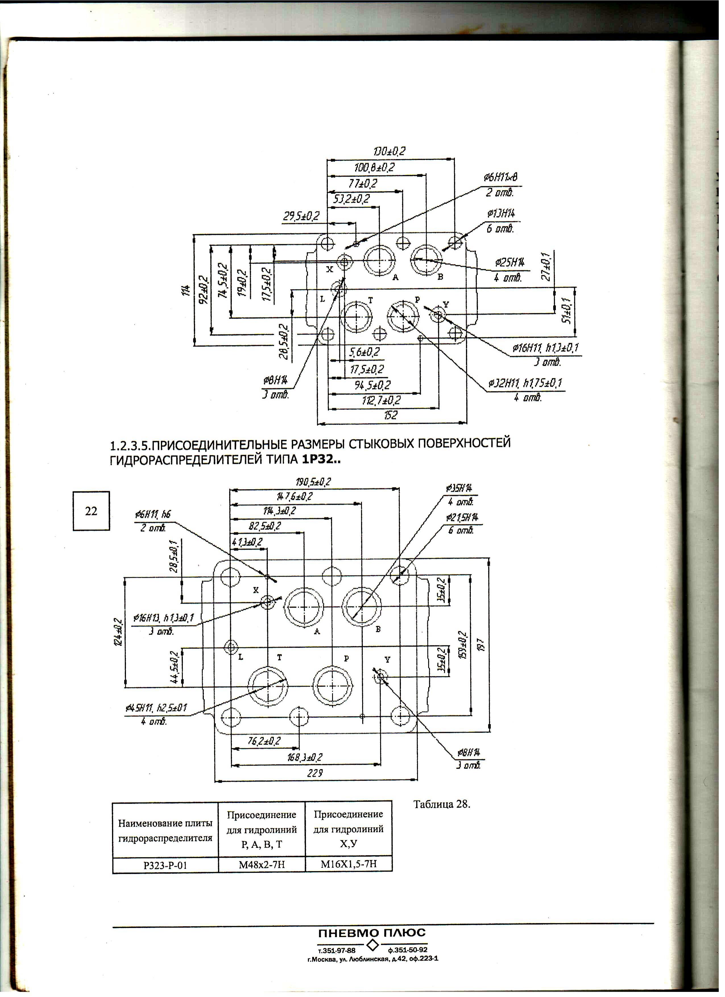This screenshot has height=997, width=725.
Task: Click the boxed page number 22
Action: (x=91, y=511)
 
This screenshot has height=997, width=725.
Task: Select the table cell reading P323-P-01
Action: (x=165, y=866)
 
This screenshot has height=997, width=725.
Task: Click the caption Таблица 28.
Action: (x=442, y=805)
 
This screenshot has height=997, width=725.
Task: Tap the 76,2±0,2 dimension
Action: (x=264, y=741)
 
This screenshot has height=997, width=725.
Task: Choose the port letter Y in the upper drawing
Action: (x=446, y=304)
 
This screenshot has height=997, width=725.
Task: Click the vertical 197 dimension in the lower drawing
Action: (x=481, y=645)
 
